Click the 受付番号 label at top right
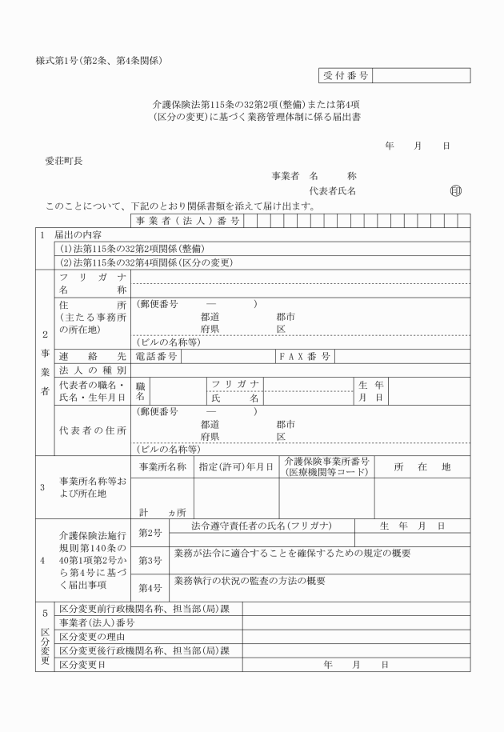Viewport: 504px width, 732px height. [x=346, y=75]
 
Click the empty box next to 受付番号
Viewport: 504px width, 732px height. [x=421, y=75]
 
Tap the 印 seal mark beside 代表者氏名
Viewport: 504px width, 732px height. [x=456, y=191]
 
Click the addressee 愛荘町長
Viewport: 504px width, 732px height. [x=64, y=161]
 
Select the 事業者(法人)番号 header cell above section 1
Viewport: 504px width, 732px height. [x=182, y=221]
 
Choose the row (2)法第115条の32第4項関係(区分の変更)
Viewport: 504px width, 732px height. [x=146, y=262]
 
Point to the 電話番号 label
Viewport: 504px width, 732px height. [x=157, y=356]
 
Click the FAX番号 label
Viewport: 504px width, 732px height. [x=304, y=356]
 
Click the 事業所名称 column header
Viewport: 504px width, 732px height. [x=162, y=466]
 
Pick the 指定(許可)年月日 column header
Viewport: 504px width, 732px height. [x=236, y=466]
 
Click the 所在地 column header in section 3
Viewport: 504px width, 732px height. [x=422, y=466]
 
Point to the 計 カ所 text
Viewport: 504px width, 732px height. [x=162, y=511]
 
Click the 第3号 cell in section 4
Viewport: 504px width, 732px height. [x=150, y=560]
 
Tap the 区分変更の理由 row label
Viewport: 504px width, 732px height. [x=93, y=636]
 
